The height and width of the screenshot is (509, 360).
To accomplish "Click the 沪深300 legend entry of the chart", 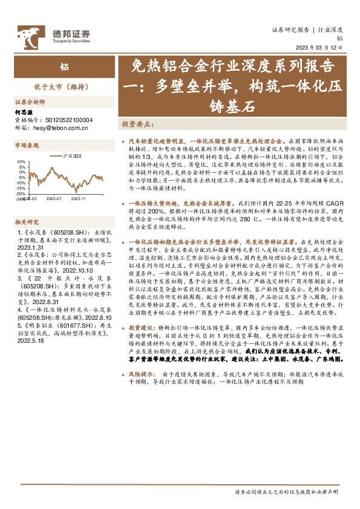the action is click(71, 157).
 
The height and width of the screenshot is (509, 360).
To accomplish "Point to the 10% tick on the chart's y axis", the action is click(21, 162).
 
